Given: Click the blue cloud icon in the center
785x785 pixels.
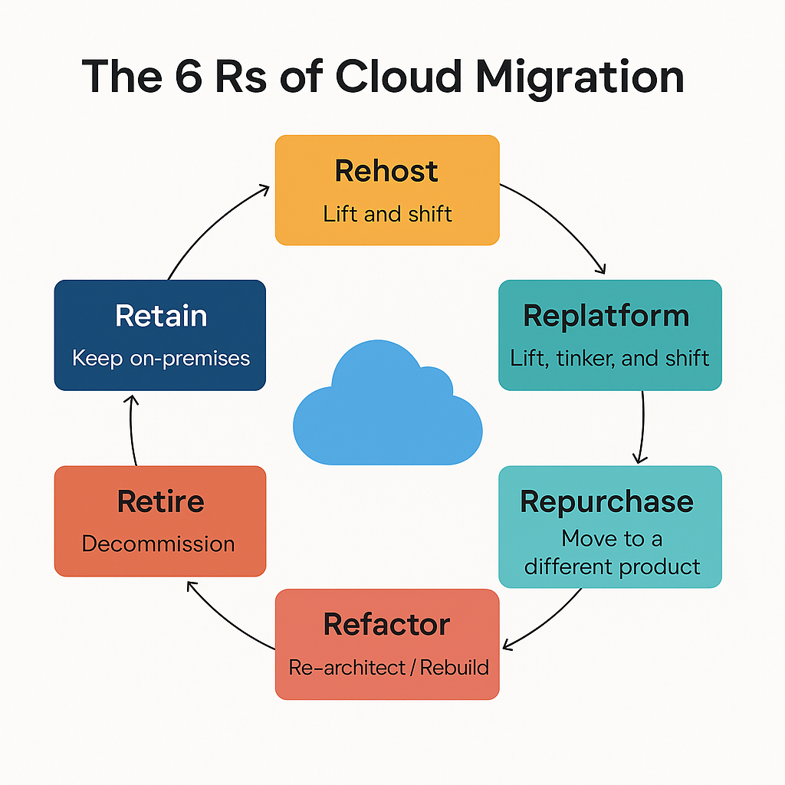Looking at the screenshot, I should point(388,409).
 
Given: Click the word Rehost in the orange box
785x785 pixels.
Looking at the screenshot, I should point(386,170).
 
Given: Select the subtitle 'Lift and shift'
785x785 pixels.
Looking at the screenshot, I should point(387,213).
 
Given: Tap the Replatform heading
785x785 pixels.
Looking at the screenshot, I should point(606,316).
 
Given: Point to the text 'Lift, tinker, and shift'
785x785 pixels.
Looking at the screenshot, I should point(609,357).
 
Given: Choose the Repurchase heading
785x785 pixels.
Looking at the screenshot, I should point(606,501).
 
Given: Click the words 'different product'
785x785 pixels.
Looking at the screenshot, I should point(612,567).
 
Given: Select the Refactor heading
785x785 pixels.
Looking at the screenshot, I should point(386,624).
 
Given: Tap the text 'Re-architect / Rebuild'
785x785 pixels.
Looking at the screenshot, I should point(388,667).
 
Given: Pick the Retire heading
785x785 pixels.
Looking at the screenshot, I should point(160,501).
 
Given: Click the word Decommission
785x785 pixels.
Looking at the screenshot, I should point(158,544).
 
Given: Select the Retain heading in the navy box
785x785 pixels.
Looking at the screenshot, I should point(160,316).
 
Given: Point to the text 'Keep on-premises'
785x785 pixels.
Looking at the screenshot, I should point(161,358).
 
